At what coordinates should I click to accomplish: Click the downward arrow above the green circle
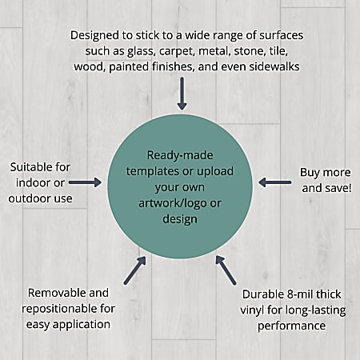(x=182, y=94)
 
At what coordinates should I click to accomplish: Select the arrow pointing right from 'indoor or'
(x=85, y=182)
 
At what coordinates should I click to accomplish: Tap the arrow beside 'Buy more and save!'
(x=274, y=182)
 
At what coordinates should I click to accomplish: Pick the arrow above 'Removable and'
(x=135, y=270)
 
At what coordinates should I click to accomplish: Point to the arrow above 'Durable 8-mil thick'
(x=226, y=270)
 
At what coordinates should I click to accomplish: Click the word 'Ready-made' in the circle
(x=180, y=155)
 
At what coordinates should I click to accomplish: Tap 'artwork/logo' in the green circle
(x=173, y=204)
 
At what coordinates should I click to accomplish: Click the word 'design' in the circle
(x=180, y=219)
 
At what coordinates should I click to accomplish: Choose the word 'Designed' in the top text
(x=94, y=35)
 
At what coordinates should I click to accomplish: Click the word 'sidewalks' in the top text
(x=274, y=66)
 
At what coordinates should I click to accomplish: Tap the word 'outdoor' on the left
(x=26, y=198)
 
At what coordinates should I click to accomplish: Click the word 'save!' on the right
(x=339, y=188)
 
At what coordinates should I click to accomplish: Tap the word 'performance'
(x=291, y=326)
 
